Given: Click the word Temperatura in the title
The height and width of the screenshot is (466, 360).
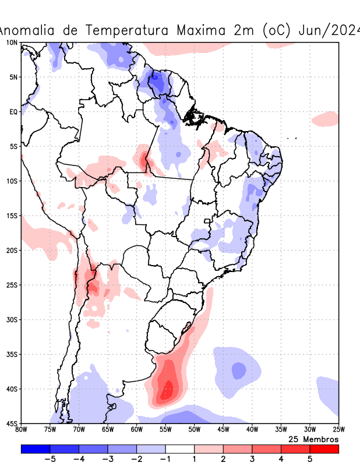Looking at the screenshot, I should pos(123,30).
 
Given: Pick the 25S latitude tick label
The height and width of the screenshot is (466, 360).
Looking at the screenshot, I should pos(12,285).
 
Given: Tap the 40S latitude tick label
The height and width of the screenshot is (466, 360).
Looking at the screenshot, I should pos(12,389).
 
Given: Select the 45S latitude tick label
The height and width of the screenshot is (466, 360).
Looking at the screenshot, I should pos(12,423).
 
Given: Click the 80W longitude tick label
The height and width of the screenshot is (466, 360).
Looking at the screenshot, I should pos(22,430).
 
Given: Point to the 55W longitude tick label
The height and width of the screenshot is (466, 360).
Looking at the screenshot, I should pos(165,430).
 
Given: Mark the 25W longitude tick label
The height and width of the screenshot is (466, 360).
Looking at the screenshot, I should pos(338,430).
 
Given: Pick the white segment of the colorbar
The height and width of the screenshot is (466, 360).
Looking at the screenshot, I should pos(180,449).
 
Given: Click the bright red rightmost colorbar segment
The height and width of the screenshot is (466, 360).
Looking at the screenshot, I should pos(324,449).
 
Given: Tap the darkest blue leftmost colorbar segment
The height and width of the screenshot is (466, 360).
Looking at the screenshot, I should pos(35,449).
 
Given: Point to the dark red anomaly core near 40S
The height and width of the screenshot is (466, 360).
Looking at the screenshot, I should pos(168,388).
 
